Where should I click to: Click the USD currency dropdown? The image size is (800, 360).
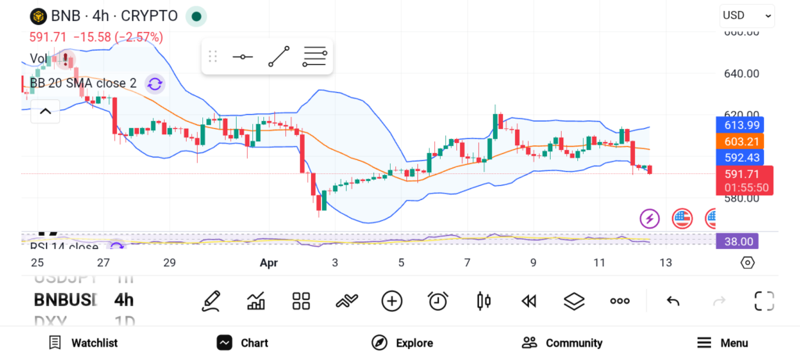[746, 15]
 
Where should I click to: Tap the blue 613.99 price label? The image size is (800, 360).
[741, 125]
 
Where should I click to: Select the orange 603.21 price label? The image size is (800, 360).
[741, 141]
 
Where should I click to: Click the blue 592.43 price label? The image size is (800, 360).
[741, 157]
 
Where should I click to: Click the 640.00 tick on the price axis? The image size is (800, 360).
[741, 74]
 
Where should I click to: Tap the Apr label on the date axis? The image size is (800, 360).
[269, 263]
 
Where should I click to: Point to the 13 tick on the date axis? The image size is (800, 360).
[666, 263]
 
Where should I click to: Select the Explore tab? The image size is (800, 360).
[402, 343]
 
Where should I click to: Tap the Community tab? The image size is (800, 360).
[562, 343]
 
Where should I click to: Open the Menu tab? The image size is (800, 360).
[723, 343]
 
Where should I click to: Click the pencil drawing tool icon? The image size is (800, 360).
[210, 301]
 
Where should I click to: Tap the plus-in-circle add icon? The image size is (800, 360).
[391, 301]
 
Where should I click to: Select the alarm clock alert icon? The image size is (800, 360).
[437, 301]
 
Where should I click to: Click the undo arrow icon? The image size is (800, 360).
[673, 301]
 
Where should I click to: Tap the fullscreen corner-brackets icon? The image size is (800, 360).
[764, 301]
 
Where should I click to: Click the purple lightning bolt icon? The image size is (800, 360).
[650, 219]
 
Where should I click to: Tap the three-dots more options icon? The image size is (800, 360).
[620, 301]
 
